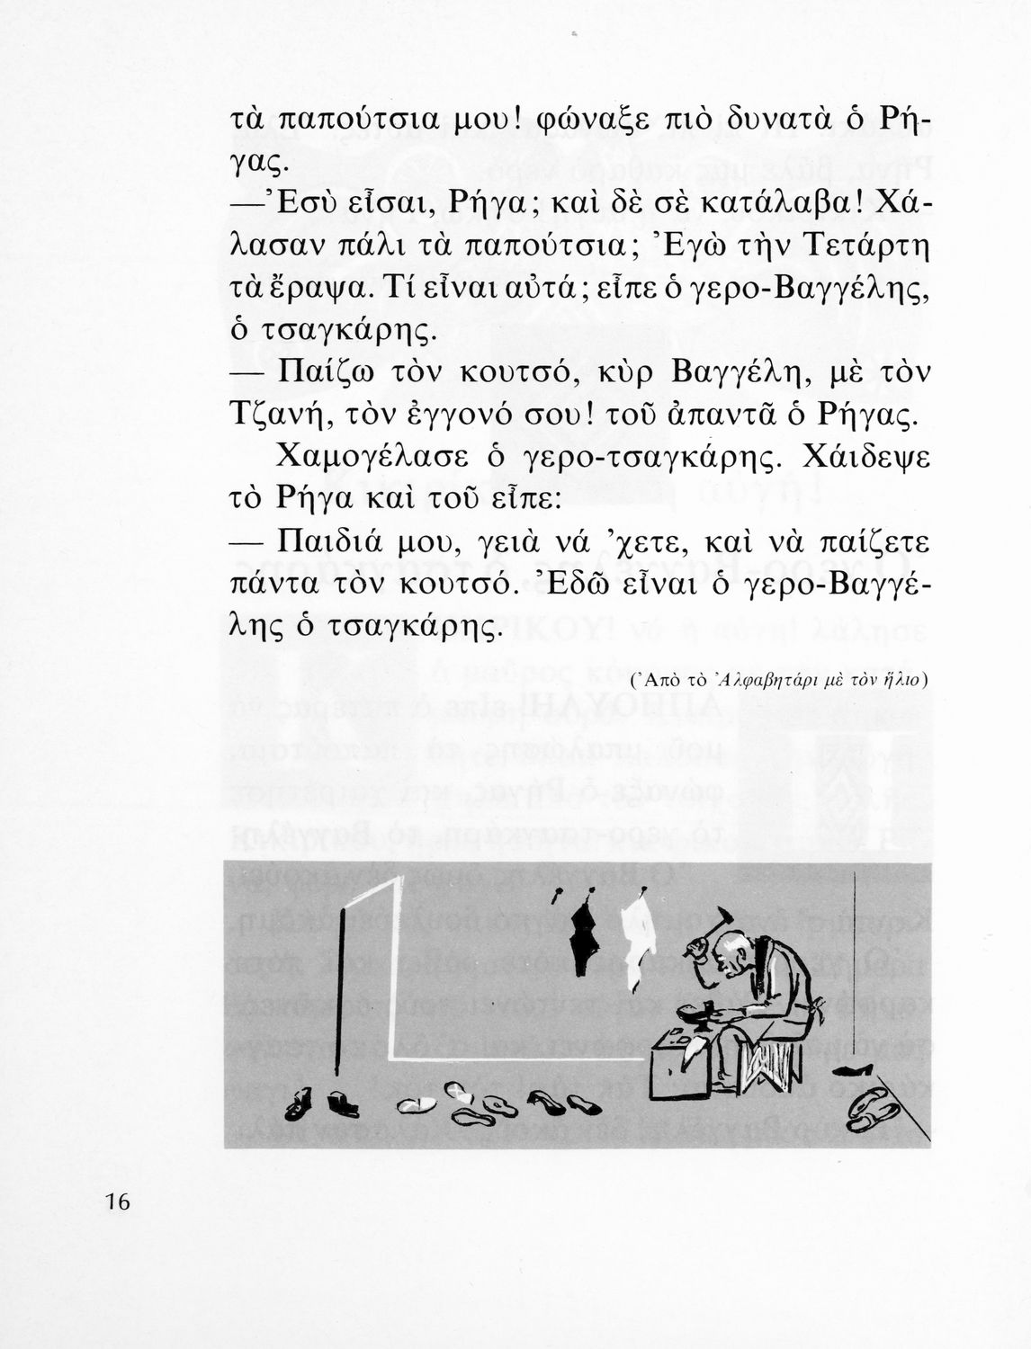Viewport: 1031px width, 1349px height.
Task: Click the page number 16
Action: pos(118,1202)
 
